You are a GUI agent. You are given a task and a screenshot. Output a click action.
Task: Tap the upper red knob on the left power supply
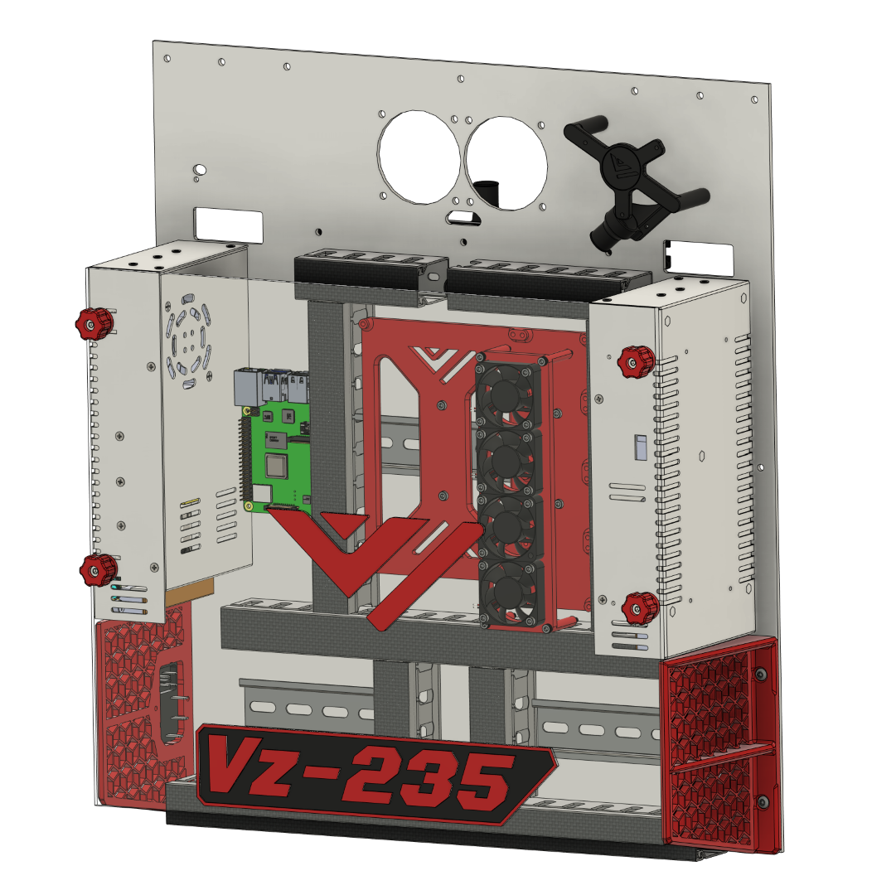94,323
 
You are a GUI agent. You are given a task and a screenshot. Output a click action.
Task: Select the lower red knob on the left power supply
99,568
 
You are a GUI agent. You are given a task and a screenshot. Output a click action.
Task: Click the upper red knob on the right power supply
637,361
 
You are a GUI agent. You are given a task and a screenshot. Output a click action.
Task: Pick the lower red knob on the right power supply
640,607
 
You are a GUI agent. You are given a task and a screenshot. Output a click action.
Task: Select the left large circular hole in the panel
419,157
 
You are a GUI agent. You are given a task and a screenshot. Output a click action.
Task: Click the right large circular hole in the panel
506,163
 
